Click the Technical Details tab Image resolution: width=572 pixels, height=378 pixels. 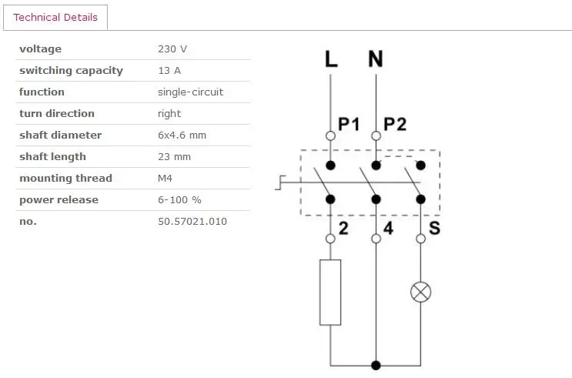point(55,17)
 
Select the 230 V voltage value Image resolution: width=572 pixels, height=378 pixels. point(172,49)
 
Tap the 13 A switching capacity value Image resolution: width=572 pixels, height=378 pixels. point(169,70)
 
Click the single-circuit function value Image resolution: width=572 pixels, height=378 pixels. point(190,92)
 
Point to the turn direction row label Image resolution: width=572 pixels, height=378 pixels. point(57,113)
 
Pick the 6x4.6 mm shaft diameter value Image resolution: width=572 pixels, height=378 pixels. point(182,135)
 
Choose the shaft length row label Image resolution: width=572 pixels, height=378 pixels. point(52,157)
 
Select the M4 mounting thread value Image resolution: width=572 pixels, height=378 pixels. point(165,178)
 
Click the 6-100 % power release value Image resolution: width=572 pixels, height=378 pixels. point(179,199)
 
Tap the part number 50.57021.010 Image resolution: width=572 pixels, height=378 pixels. point(192,221)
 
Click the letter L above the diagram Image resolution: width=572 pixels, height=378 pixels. point(331,59)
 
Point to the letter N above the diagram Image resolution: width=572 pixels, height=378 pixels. point(376,59)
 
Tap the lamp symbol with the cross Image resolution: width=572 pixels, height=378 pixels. point(420,292)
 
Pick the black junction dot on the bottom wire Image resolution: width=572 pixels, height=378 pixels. point(376,365)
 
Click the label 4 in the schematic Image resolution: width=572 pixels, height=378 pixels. point(389,228)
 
